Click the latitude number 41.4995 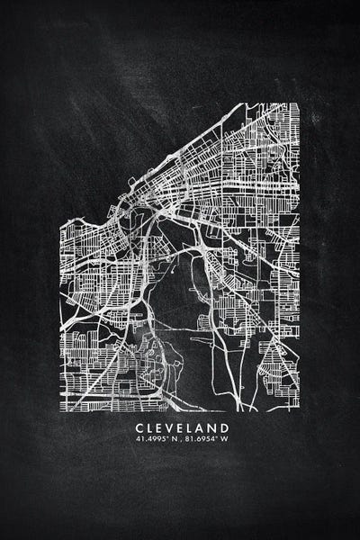pos(147,440)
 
